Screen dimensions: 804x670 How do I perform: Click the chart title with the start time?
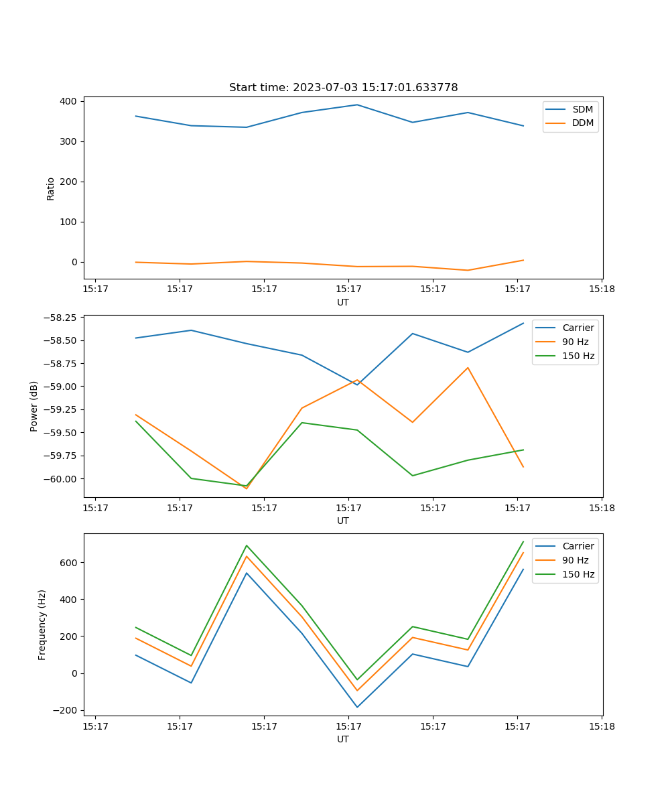343,88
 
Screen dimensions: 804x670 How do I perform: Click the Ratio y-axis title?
51,188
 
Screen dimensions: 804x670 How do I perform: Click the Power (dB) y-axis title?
34,406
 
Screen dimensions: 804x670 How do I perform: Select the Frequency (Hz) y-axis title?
42,624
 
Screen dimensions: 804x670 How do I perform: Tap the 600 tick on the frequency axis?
70,562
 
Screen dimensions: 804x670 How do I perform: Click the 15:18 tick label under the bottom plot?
602,726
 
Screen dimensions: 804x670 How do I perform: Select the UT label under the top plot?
343,302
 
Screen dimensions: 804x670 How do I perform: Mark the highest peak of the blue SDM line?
357,105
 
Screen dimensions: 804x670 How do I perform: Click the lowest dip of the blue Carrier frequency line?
357,707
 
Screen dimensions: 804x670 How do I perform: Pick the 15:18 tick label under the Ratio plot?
602,289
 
